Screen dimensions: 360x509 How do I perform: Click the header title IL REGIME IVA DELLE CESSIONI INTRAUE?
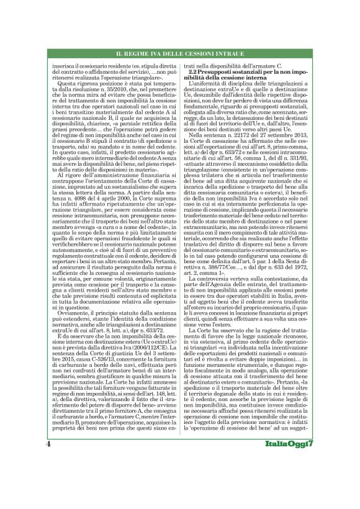[179, 55]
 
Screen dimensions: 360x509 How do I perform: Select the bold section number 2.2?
[197, 73]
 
